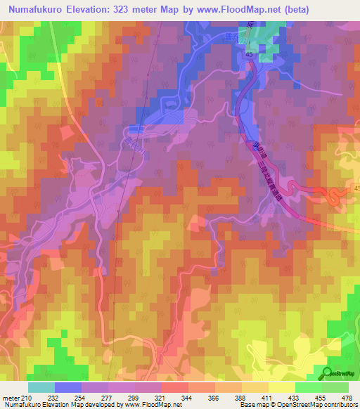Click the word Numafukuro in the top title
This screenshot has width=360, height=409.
36,9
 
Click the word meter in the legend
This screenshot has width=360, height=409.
12,398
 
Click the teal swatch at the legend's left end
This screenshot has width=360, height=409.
41,387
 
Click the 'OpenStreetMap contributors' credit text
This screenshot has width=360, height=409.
314,405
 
